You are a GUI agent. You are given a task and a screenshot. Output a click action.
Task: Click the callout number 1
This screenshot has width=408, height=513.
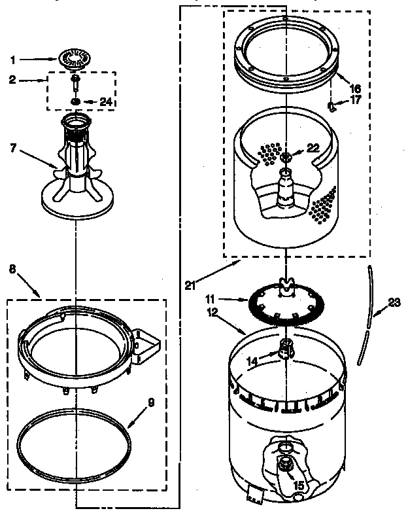click(x=13, y=60)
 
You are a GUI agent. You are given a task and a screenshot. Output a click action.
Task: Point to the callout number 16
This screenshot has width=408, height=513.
click(x=355, y=87)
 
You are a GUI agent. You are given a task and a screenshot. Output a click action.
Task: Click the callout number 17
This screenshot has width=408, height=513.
click(x=355, y=100)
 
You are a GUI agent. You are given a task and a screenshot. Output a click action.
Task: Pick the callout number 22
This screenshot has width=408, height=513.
click(x=313, y=148)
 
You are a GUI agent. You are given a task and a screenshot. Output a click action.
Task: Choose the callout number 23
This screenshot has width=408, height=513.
click(x=392, y=302)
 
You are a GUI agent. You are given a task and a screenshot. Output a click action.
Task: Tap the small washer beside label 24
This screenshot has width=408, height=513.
click(x=76, y=101)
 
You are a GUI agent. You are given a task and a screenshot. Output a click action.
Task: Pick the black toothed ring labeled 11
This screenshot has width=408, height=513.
click(x=252, y=308)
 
